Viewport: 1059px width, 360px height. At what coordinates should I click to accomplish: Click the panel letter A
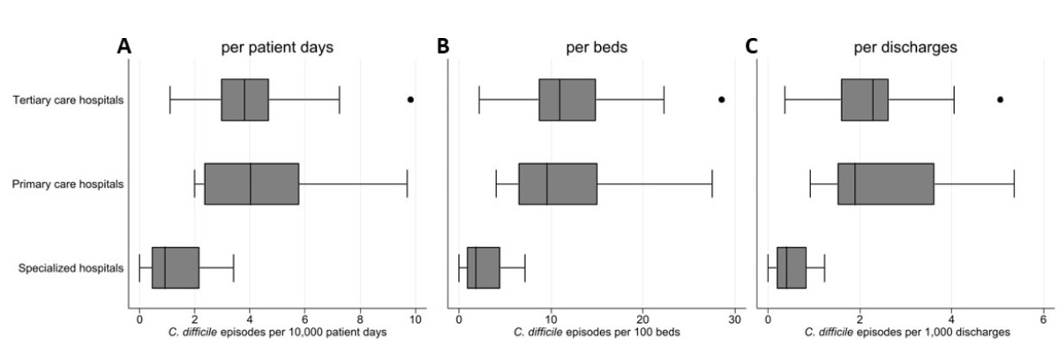coord(125,47)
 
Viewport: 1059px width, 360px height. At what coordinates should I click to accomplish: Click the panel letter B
coord(442,47)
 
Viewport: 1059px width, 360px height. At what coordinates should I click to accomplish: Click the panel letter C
coord(750,47)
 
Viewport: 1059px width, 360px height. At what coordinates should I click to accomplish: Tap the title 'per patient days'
coord(276,48)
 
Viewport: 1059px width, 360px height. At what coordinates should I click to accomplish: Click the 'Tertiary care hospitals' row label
coord(69,100)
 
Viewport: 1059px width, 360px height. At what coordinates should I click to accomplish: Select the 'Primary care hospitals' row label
coord(68,184)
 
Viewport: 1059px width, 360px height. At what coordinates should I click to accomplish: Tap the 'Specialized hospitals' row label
coord(71,268)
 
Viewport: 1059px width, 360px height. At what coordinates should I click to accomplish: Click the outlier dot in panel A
coord(410,100)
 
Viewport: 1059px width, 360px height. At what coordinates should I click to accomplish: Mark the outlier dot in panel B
coord(721,100)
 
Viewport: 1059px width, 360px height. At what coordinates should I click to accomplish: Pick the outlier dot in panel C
coord(1000,100)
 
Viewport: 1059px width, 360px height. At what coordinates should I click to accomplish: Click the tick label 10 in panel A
coord(415,318)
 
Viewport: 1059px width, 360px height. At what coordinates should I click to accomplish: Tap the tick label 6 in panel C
coord(1043,318)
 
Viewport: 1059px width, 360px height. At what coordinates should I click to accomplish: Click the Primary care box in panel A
coord(252,184)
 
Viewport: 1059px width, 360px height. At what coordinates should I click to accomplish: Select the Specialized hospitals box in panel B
coord(484,268)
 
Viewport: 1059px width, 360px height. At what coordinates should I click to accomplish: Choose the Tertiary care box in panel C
coord(864,100)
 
